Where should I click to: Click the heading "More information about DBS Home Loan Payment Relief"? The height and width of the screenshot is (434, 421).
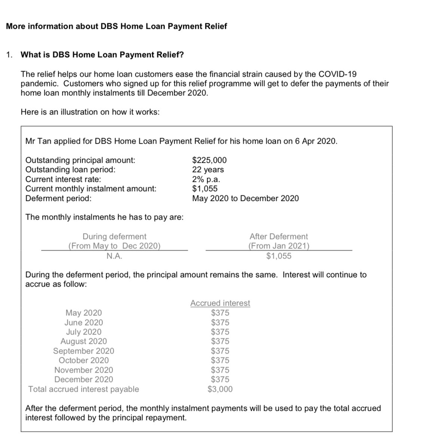116,26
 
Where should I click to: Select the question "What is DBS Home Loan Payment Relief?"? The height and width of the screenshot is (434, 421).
102,55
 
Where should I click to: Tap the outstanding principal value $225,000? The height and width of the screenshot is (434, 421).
209,160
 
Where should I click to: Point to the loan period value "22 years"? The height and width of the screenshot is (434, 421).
208,169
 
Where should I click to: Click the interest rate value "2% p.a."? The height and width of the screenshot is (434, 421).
206,179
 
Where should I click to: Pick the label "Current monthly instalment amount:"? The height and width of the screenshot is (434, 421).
91,189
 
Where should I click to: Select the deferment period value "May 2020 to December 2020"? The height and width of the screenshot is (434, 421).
245,198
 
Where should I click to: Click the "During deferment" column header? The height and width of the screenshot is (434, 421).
114,236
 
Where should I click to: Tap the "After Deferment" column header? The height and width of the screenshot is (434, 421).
278,236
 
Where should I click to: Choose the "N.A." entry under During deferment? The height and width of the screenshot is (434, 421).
114,256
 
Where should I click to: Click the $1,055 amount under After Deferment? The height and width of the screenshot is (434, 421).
278,256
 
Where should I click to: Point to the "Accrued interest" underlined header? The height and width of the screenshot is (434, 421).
220,303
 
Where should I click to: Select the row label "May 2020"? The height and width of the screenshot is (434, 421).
83,313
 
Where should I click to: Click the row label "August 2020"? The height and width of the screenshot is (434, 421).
83,341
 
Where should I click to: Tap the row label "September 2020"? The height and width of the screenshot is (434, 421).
83,351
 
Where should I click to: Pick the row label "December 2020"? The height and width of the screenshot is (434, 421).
83,379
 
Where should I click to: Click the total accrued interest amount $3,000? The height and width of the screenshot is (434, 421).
220,389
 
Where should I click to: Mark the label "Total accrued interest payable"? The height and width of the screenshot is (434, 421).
83,389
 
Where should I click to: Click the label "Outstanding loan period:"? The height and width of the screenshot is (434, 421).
70,169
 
